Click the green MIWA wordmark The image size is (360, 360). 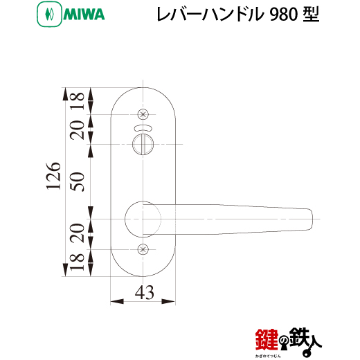click(84, 15)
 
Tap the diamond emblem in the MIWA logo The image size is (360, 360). click(49, 15)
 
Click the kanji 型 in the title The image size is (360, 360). click(311, 15)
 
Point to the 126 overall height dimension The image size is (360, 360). click(54, 176)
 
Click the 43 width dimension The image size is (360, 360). click(145, 293)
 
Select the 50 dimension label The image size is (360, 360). click(78, 181)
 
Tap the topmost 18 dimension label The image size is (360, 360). click(78, 101)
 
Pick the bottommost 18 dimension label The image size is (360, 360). click(78, 262)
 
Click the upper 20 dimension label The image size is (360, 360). click(78, 130)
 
